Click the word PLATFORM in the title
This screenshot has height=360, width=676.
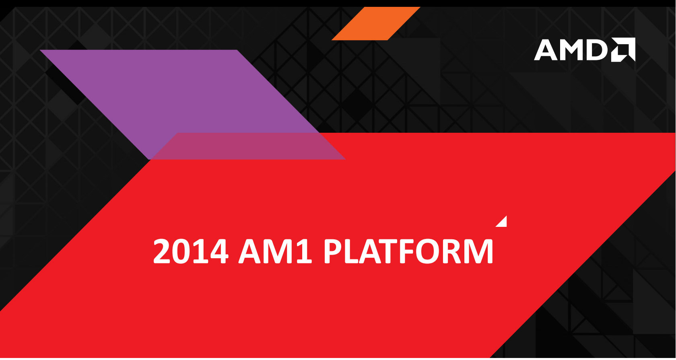pos(408,251)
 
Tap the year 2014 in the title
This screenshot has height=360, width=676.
pos(191,251)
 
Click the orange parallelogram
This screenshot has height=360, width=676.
pos(376,23)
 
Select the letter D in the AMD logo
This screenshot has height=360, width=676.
pos(597,50)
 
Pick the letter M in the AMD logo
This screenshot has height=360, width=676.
pos(571,50)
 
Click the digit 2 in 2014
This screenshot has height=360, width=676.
pos(163,251)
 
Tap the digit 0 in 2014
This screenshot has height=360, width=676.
pos(181,251)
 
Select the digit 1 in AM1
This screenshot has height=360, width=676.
pos(305,251)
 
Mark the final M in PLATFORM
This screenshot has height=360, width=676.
pos(477,251)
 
